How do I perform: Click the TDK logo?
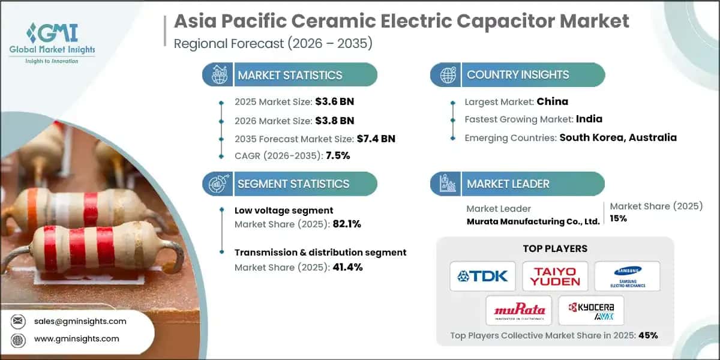pos(482,276)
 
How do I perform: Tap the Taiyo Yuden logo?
pos(555,276)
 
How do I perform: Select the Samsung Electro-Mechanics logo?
pos(627,276)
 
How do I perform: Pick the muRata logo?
pos(519,310)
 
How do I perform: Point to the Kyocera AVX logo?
pos(591,310)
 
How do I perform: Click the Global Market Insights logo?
pos(52,42)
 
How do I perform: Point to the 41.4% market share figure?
pos(347,267)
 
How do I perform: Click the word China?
pos(553,101)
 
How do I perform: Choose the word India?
pos(589,119)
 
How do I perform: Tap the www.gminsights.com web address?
pos(77,339)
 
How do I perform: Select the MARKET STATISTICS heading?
pos(290,75)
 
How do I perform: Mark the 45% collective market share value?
pos(649,335)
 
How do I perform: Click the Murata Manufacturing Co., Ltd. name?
pos(533,221)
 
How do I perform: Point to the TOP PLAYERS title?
pos(555,248)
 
